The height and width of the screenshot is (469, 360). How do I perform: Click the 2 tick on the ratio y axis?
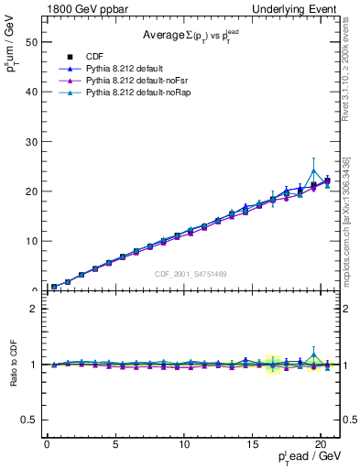34,309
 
